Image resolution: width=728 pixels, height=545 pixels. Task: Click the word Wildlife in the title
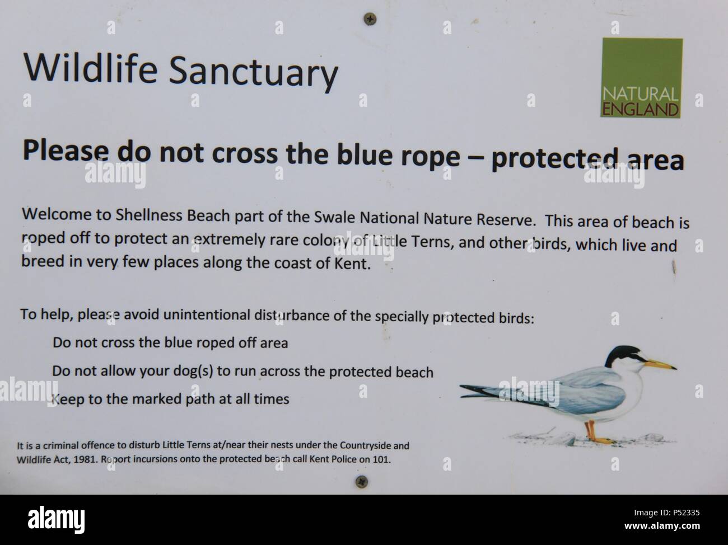point(90,68)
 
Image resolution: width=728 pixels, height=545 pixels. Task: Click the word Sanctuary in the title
point(254,73)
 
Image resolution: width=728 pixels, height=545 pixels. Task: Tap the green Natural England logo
point(641,78)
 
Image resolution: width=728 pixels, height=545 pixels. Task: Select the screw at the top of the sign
point(370,18)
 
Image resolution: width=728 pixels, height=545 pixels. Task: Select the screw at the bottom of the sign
point(362,481)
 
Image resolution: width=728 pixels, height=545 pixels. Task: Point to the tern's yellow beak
point(660,365)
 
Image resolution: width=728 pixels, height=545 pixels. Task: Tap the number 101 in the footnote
point(384,459)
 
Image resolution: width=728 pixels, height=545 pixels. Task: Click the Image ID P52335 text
point(666,513)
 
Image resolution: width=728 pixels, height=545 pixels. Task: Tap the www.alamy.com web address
point(662,526)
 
